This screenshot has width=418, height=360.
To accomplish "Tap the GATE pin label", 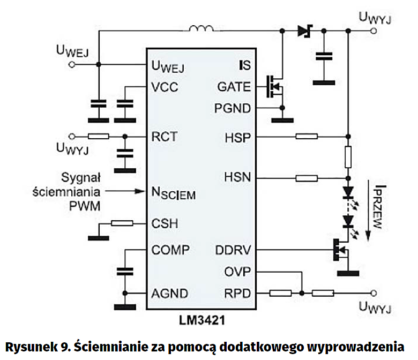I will pos(234,87).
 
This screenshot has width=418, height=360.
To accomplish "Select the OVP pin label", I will pos(237,272).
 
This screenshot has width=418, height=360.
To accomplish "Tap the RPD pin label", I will pos(237,293).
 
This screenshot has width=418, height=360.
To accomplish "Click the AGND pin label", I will pos(169,294).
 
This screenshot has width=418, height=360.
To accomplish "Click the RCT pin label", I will pos(164,137).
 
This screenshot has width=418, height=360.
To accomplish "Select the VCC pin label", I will pos(165,87).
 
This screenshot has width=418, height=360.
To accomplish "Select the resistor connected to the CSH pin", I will pos(123,223).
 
